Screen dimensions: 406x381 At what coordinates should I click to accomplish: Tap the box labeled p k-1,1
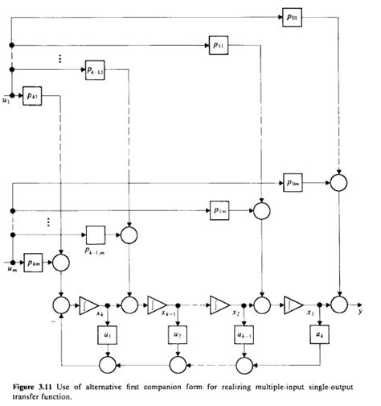click(96, 72)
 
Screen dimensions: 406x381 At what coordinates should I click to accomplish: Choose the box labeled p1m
click(219, 209)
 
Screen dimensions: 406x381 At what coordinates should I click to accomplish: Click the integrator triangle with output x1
click(292, 304)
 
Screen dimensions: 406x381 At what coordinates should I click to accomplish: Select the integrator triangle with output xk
click(87, 304)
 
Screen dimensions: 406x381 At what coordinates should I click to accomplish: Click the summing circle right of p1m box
click(260, 210)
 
